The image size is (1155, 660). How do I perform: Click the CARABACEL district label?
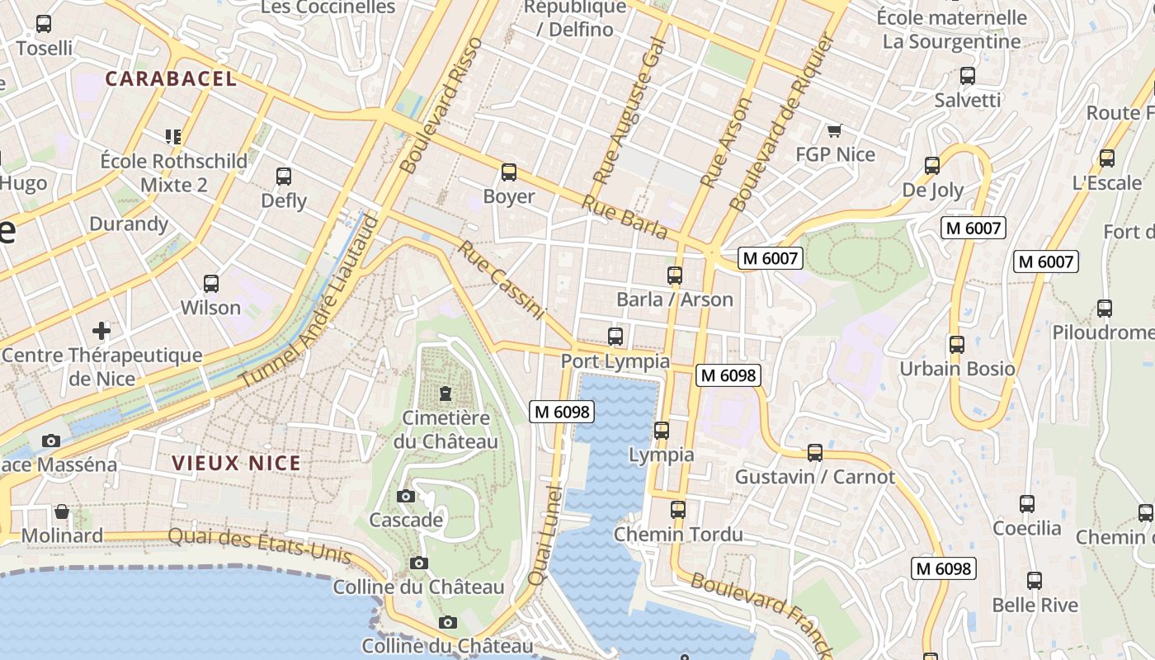pos(172,79)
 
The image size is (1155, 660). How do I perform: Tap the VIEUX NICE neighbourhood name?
pos(237,464)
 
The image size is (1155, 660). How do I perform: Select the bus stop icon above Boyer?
pos(509,172)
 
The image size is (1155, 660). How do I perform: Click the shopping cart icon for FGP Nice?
pos(834,130)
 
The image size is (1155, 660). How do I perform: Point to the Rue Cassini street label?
pos(502,280)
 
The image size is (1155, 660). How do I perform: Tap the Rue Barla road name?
pos(625,217)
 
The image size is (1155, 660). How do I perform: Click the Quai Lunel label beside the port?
pos(544,536)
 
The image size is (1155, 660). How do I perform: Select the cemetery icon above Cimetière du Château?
pos(445,393)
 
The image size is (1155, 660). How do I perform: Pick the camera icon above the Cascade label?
pos(405,496)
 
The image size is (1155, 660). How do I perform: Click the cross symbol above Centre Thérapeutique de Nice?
pos(101,332)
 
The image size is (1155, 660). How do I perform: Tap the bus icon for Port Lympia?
pos(615,337)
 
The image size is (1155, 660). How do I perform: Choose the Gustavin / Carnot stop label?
pos(814,477)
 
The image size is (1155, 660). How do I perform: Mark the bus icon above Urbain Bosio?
pos(956,344)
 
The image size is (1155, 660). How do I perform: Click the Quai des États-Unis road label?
pos(259,545)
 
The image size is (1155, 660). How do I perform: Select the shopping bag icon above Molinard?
pos(62,511)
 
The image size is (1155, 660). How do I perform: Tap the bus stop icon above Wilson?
pos(211,284)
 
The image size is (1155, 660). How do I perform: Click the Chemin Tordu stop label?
pos(678,535)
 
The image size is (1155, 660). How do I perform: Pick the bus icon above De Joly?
pos(932,166)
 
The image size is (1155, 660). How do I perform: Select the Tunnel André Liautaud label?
pos(309,302)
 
